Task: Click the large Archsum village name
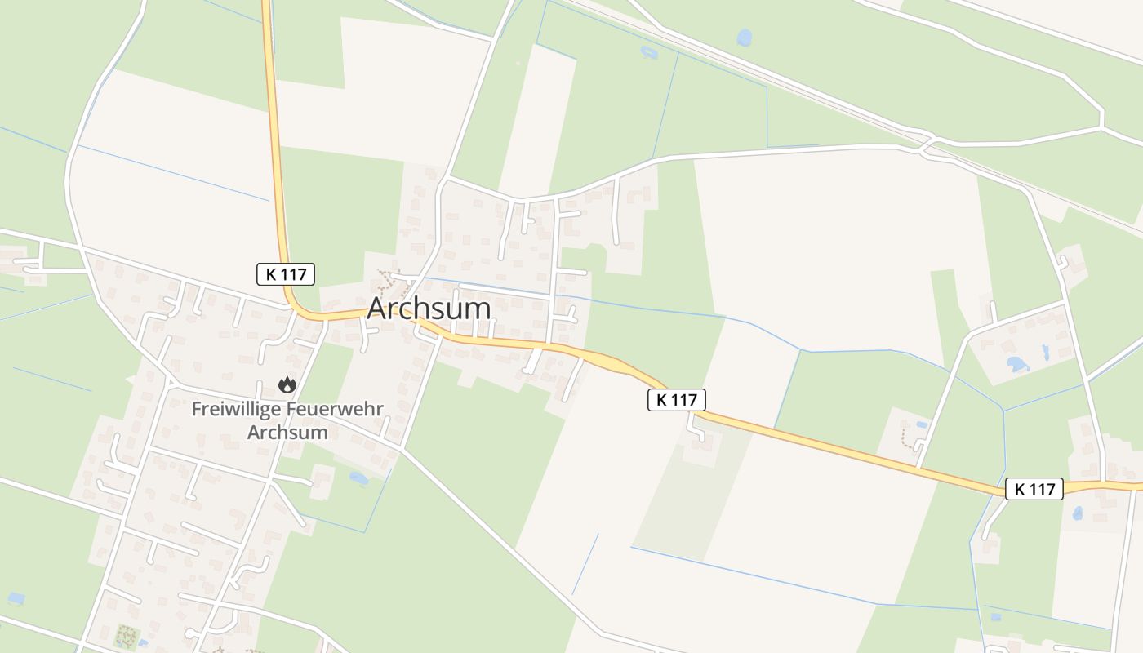[429, 309]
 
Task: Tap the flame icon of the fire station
[287, 384]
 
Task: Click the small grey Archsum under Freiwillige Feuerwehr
[287, 432]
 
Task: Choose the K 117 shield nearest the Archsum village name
[286, 274]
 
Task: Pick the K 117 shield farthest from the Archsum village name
[1034, 489]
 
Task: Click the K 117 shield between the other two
[676, 399]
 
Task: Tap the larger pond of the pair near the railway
[744, 37]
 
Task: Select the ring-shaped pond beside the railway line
[649, 53]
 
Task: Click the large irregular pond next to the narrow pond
[1017, 364]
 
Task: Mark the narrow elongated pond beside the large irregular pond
[1045, 353]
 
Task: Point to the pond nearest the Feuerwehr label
[358, 477]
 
